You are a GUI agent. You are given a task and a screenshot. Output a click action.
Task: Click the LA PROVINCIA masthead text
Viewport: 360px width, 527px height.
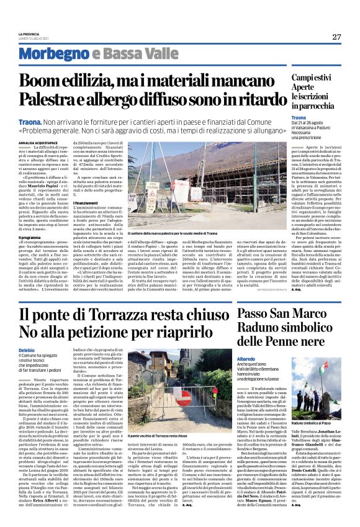pos(28,34)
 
